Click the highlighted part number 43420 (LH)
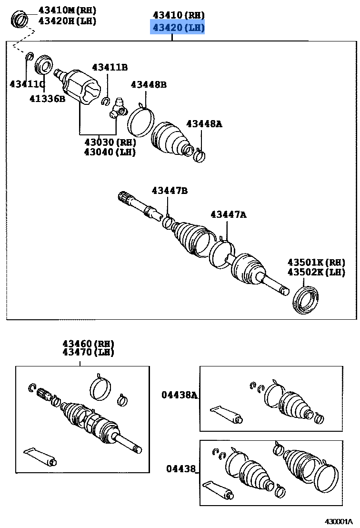178,28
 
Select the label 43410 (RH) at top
178,15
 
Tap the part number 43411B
110,67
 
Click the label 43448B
149,84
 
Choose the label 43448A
204,124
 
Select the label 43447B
170,191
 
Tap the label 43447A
229,215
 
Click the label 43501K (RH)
316,262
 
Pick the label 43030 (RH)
110,142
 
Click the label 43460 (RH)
88,343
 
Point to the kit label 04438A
179,395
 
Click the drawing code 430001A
340,522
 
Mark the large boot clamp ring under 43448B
140,122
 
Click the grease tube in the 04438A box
226,414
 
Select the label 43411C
27,84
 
